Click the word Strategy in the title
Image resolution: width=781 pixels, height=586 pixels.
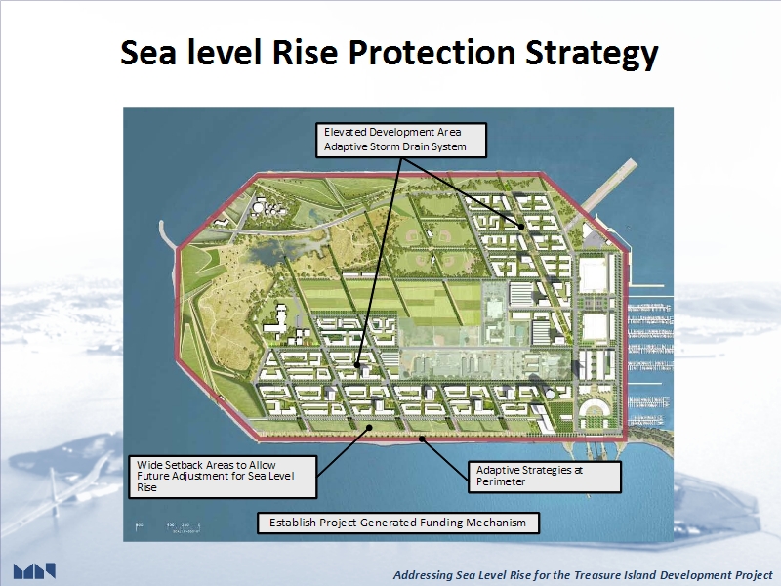592,54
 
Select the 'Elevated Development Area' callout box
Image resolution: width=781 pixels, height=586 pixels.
401,140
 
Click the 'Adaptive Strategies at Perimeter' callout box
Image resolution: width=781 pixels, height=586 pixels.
545,477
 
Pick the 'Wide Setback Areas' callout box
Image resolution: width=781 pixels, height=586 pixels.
223,477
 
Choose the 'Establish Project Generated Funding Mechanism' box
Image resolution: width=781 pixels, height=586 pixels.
398,523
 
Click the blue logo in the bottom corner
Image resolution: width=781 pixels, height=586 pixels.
34,571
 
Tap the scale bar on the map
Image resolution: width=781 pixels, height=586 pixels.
168,526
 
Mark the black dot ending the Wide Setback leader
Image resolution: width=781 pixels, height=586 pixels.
370,428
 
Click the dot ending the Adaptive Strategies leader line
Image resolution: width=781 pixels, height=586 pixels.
422,439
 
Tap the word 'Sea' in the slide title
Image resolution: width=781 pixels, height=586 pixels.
148,52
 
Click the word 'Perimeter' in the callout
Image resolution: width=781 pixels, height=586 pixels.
501,481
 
